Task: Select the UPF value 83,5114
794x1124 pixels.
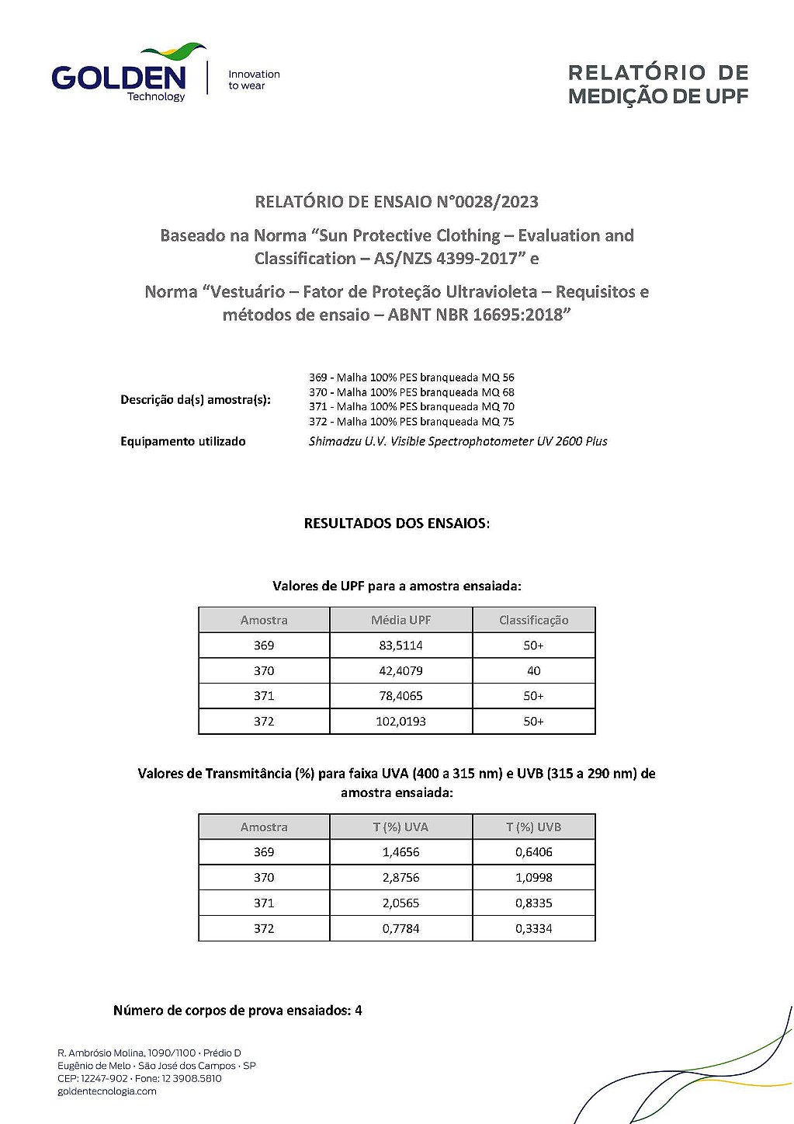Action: click(x=400, y=646)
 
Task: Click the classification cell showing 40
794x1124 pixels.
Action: click(x=533, y=671)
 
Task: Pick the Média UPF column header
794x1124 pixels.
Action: click(x=400, y=620)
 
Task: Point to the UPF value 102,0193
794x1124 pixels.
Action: click(x=400, y=722)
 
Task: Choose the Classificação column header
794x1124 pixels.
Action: click(x=533, y=620)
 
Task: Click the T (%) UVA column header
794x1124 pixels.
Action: click(x=400, y=827)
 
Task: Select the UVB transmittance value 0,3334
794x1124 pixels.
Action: click(x=533, y=929)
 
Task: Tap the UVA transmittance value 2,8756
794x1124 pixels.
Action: click(x=400, y=878)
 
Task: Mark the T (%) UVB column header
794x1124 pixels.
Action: click(x=533, y=827)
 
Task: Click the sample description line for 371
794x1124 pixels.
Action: click(x=411, y=407)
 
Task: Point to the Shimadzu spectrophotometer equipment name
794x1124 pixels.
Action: click(x=458, y=441)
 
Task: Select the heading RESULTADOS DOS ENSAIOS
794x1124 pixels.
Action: click(x=397, y=524)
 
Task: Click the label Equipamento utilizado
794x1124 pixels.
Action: click(x=182, y=441)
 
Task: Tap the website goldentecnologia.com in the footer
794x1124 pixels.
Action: click(x=107, y=1091)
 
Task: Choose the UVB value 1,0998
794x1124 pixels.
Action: click(x=533, y=878)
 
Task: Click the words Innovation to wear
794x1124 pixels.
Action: click(x=253, y=80)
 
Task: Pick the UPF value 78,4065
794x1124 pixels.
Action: click(x=400, y=696)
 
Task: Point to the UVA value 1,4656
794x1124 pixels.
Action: click(x=400, y=852)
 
